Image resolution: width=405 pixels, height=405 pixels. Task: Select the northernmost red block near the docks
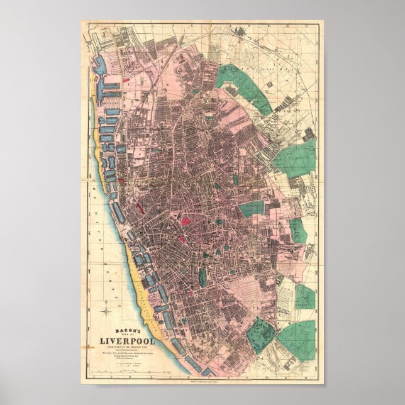pyautogui.click(x=131, y=80)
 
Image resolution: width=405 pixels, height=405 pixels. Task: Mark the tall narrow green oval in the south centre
pyautogui.click(x=203, y=277)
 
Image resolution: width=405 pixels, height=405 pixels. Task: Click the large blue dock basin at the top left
pyautogui.click(x=101, y=67)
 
